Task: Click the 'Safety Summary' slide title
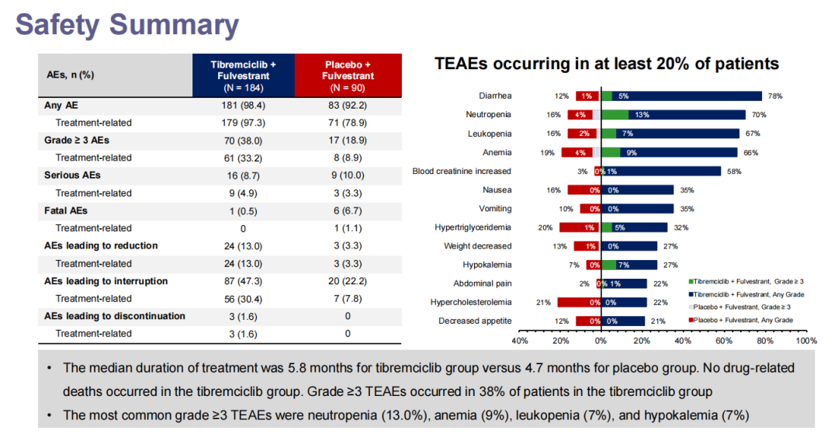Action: [127, 25]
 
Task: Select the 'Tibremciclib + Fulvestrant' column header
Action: [243, 75]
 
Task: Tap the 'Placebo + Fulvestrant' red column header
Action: [348, 75]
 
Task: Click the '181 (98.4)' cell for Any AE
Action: [243, 105]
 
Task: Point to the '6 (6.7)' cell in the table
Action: [348, 210]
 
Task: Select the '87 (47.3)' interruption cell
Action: [243, 281]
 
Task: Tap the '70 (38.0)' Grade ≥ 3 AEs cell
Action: [243, 140]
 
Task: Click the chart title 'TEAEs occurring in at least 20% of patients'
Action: [607, 64]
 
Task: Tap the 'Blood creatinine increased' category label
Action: [462, 171]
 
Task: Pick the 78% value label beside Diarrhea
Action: [774, 96]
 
